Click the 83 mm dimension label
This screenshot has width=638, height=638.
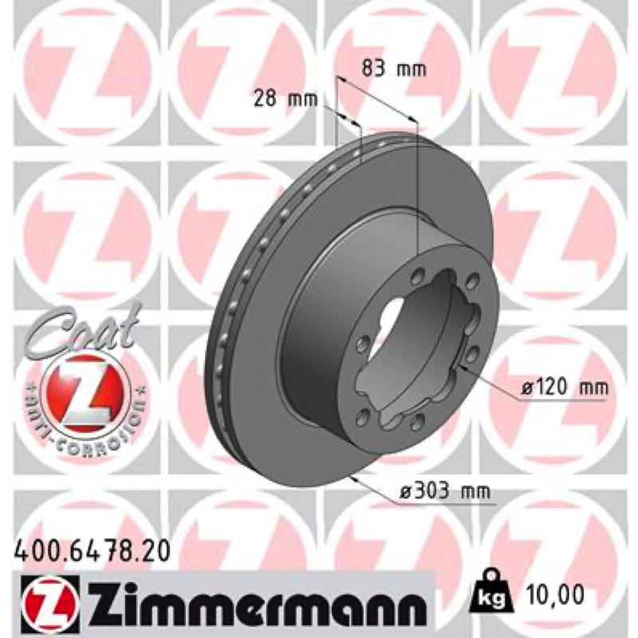394,69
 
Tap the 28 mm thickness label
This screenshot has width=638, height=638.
286,98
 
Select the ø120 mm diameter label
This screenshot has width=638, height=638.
565,388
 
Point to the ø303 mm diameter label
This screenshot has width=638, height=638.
445,491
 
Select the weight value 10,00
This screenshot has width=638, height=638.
554,594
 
